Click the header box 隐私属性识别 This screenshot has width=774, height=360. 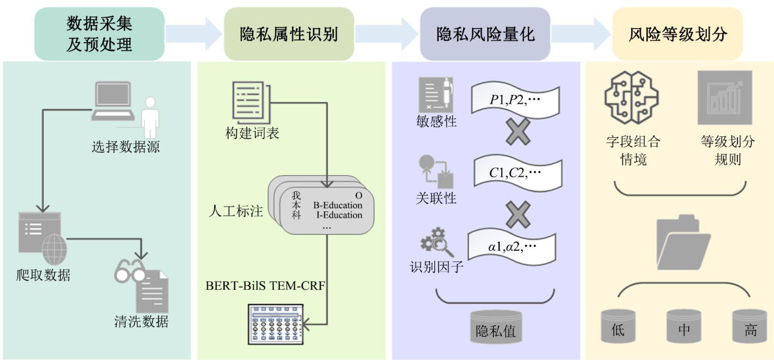coord(289,34)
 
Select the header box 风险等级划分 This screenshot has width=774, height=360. coord(678,34)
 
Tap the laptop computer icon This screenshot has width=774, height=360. coord(113,101)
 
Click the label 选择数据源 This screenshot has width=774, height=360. coord(125,147)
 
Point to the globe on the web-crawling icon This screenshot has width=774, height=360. coord(54,250)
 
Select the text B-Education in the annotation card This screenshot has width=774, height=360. coord(338,205)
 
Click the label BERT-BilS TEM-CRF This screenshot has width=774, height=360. coord(265,286)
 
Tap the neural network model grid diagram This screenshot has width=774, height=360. coord(276,324)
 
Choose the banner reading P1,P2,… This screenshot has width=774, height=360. coord(515,101)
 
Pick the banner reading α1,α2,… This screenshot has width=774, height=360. coord(512,246)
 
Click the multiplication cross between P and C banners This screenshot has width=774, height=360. coord(518,131)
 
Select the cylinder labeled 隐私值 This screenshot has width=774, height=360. coord(496,327)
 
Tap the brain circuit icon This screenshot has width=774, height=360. coord(632,97)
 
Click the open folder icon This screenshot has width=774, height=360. coord(683,242)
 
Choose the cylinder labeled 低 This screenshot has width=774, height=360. coord(618,326)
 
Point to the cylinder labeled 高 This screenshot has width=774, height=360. coord(750,326)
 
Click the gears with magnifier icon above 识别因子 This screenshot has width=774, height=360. coord(436,242)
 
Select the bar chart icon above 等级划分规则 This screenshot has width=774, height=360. coord(725,98)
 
